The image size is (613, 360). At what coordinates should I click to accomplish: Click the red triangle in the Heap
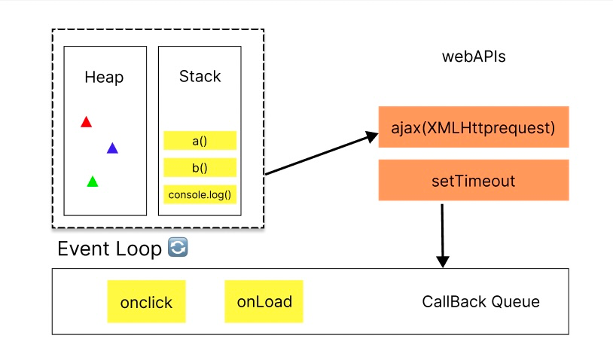[86, 122]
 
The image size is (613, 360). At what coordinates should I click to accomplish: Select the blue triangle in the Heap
[112, 148]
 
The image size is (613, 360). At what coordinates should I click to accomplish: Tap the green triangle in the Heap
[93, 182]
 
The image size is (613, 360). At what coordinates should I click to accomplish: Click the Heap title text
[104, 78]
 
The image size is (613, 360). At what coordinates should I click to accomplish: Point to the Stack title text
[200, 77]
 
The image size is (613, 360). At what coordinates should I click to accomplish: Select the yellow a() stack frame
[200, 141]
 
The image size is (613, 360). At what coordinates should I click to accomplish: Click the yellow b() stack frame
[200, 167]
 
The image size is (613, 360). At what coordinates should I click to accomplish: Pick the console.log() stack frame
[200, 195]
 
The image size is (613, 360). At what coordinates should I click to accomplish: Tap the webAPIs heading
[473, 57]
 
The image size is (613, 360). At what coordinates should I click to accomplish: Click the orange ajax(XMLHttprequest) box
[473, 127]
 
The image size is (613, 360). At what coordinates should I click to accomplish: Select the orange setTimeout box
[473, 181]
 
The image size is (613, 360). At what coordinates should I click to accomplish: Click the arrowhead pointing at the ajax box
[370, 136]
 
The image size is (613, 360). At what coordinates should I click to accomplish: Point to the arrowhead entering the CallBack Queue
[443, 261]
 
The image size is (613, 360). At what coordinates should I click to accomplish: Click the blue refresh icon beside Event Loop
[177, 248]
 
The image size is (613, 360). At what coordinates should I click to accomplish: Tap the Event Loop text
[109, 249]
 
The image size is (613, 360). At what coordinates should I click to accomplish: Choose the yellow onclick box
[146, 302]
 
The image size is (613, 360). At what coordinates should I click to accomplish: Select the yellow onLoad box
[264, 301]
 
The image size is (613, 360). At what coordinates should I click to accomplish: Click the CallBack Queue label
[480, 302]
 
